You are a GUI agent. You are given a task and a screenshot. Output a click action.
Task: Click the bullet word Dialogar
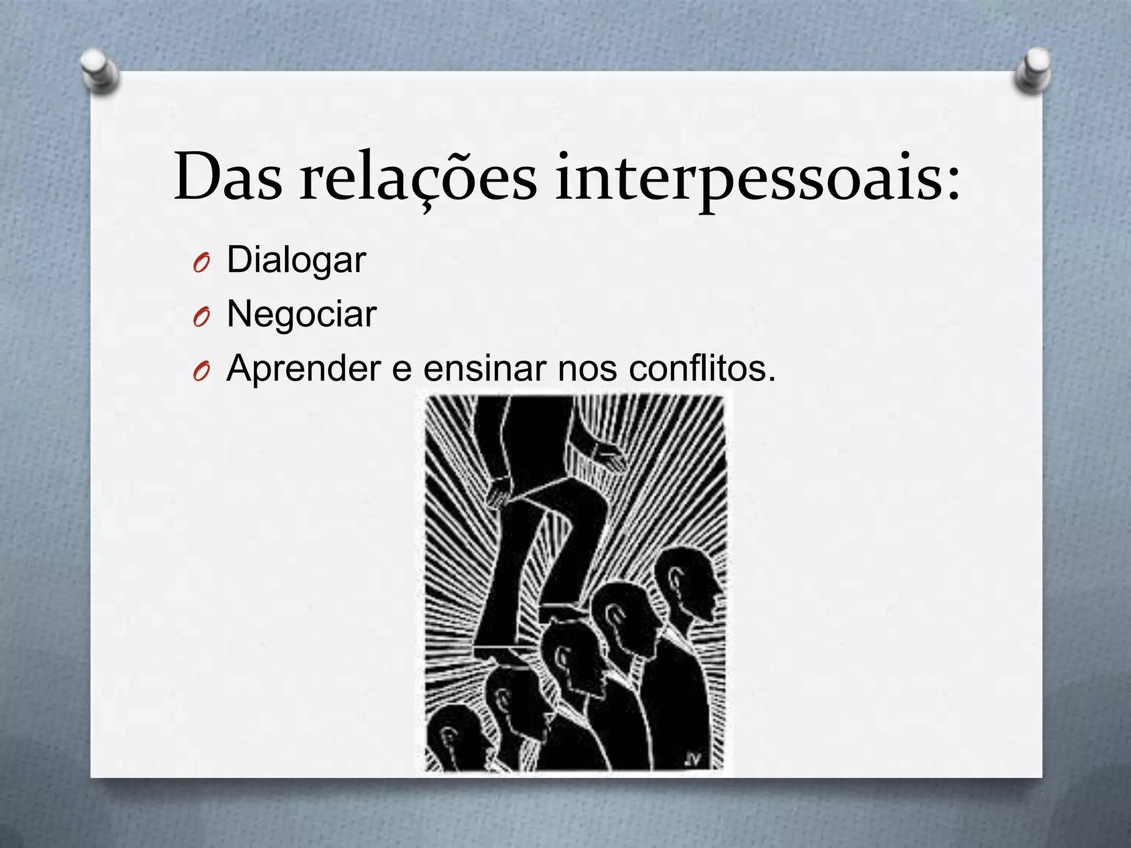point(296,259)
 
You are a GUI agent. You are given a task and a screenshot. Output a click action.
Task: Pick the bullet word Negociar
point(302,314)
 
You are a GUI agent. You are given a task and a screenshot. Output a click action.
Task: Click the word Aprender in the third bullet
point(303,368)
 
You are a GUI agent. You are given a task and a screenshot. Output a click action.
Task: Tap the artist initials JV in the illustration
point(691,760)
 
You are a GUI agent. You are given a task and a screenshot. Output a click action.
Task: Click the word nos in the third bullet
point(587,368)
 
